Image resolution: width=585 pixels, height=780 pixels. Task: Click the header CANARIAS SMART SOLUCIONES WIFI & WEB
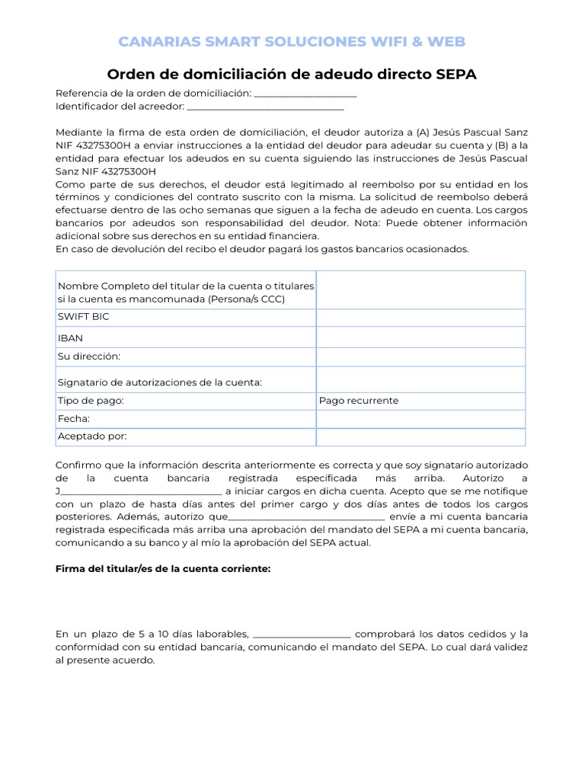tap(292, 41)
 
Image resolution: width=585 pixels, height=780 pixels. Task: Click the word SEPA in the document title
tap(456, 74)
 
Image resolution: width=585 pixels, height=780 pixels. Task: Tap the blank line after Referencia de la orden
tap(305, 94)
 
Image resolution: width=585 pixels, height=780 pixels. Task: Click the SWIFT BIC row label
tap(83, 317)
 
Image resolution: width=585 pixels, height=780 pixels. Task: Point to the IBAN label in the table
tap(71, 337)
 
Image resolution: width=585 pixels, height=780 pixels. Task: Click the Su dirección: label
tap(89, 356)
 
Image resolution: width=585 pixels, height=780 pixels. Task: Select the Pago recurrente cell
tap(358, 401)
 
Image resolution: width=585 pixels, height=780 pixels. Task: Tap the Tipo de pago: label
tap(91, 401)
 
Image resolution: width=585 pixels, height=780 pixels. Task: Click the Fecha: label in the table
tap(74, 419)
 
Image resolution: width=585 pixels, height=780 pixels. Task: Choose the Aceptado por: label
tap(92, 436)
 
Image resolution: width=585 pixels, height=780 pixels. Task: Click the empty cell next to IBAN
tap(420, 337)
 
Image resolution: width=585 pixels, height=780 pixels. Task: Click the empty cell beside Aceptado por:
tap(420, 437)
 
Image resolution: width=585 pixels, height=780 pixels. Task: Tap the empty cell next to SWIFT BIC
tap(420, 318)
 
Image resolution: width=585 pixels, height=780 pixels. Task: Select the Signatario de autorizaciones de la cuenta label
tap(160, 382)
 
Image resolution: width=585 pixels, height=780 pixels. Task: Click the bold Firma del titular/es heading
tap(163, 569)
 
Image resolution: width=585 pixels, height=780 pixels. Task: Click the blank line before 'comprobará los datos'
tap(301, 635)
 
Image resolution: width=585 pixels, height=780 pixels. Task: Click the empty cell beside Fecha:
tap(420, 420)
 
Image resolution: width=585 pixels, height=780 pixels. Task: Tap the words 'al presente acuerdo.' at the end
tap(105, 660)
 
